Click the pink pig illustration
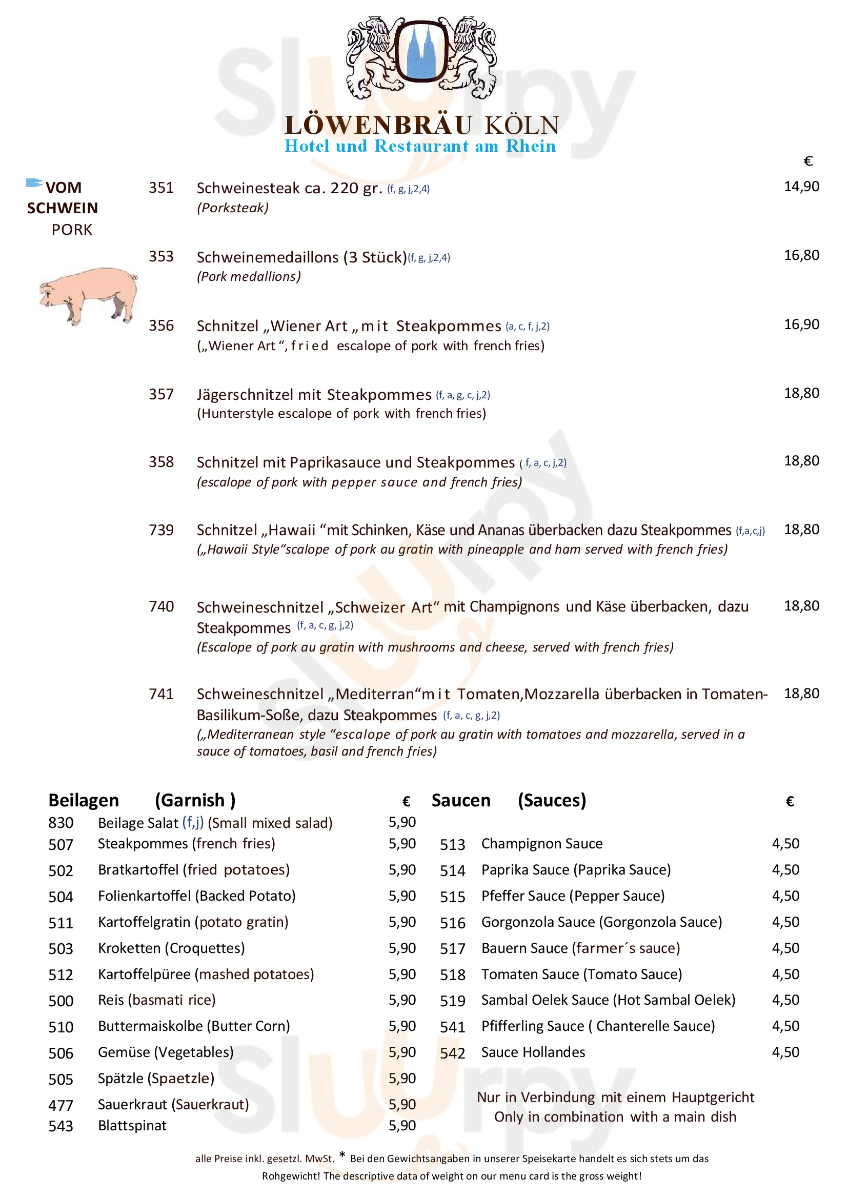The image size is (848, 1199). coord(88,295)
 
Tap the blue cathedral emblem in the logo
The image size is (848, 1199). coord(420,54)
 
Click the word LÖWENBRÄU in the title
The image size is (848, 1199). coord(378,125)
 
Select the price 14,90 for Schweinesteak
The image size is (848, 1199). coord(801,187)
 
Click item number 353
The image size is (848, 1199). coord(161,256)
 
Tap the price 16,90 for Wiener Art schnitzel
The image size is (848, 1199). coord(801,324)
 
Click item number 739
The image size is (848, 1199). coord(161,530)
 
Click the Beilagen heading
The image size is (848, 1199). coord(84,801)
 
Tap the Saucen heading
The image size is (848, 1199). coord(460,801)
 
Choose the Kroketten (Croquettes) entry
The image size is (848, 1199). coord(171,948)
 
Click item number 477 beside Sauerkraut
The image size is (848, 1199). coord(60,1106)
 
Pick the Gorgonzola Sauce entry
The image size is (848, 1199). coord(601,922)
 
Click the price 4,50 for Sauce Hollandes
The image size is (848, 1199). coord(785,1052)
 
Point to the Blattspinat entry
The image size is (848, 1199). coord(132,1126)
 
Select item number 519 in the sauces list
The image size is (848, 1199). coord(452,1001)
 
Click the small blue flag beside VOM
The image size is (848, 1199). coord(34,183)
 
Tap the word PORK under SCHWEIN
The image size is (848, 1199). coord(72,230)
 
